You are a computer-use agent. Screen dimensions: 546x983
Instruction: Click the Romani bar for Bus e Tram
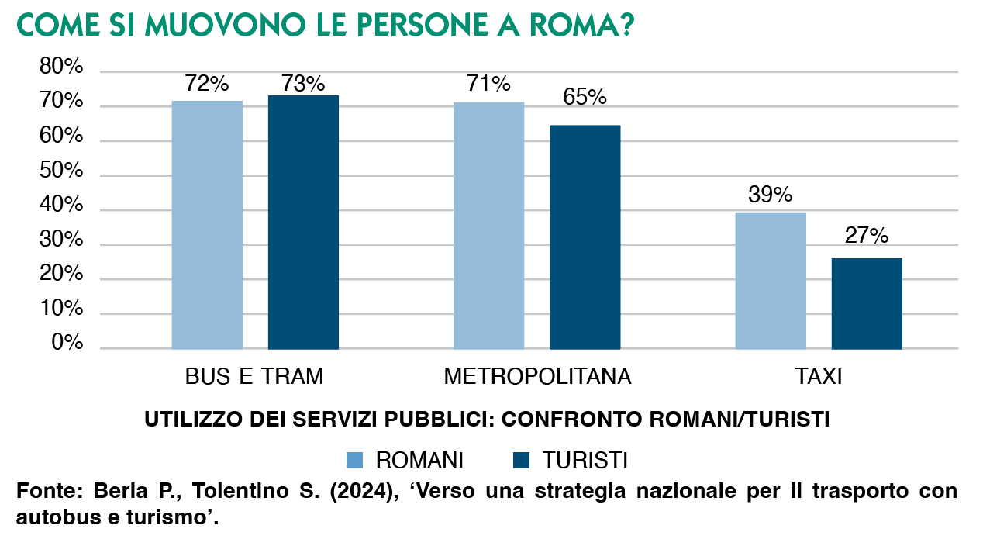click(207, 225)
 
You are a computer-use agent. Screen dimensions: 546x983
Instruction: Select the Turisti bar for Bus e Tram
click(303, 222)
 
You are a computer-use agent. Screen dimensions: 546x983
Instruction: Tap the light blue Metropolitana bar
click(488, 225)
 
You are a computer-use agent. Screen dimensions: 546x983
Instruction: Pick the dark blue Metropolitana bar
click(585, 237)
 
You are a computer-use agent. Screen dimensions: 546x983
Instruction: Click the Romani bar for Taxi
click(771, 280)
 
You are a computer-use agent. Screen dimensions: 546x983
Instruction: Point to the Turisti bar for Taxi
click(867, 303)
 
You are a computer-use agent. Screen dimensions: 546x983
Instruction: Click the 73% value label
click(303, 84)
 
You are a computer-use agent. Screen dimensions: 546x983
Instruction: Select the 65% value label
click(585, 97)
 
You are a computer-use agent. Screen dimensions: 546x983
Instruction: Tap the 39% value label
click(771, 195)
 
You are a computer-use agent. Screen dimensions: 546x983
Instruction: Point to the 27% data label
click(867, 236)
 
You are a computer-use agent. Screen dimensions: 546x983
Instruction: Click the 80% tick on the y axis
click(61, 68)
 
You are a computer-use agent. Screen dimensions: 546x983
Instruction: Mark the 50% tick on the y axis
click(61, 171)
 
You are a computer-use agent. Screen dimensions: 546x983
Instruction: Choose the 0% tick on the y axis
click(66, 344)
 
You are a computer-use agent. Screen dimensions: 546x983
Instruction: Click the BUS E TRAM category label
click(254, 377)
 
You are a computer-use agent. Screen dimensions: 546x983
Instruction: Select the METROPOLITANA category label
click(537, 377)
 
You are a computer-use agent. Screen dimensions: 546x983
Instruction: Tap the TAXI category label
click(819, 377)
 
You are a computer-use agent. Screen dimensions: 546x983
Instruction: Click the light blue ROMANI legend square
click(354, 460)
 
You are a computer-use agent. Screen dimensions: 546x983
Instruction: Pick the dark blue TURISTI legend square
click(521, 460)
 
